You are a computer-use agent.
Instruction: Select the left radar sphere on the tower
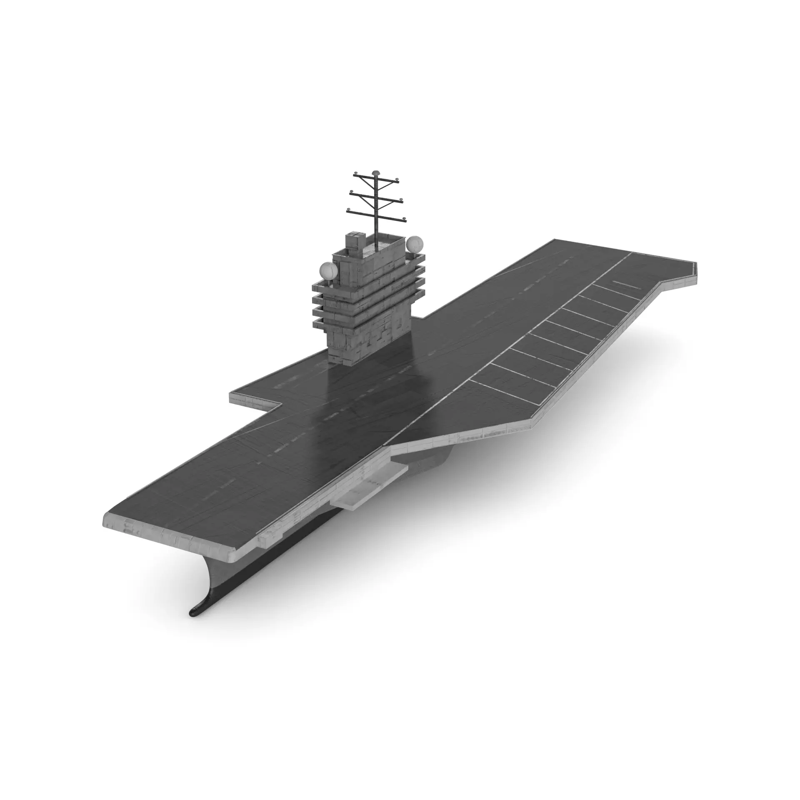[x=329, y=271]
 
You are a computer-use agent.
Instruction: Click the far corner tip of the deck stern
[x=696, y=264]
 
